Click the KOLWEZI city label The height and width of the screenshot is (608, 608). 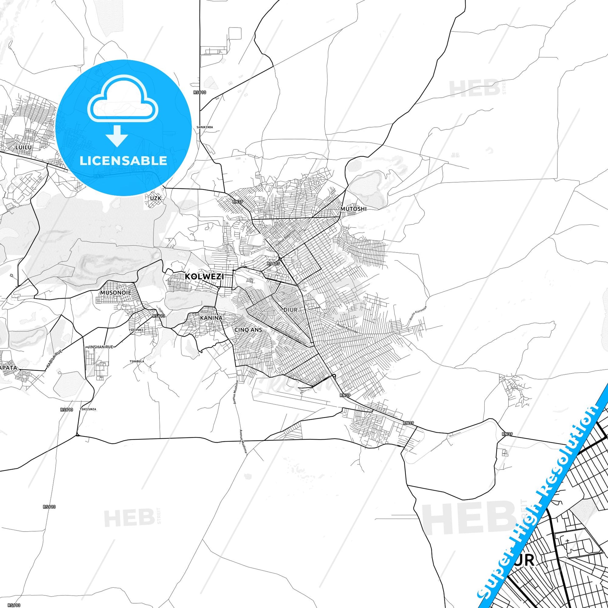coord(204,277)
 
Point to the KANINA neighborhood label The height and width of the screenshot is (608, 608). coord(211,318)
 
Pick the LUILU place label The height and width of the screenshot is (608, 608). coord(24,147)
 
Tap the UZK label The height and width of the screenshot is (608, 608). coord(156,198)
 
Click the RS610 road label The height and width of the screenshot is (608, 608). coord(200,92)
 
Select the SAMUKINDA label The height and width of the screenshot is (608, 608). coord(205,127)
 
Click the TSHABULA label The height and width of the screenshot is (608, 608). coord(137,361)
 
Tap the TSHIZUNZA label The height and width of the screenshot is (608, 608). coord(88,409)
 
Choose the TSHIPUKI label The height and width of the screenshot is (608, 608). coord(136,330)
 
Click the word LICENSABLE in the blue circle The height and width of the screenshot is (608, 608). coord(123,161)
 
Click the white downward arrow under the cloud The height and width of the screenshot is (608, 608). coord(117,136)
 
